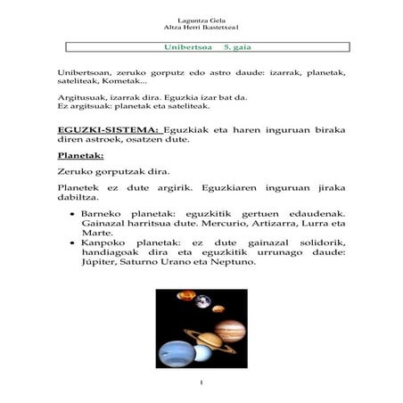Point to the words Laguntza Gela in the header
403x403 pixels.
201,17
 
